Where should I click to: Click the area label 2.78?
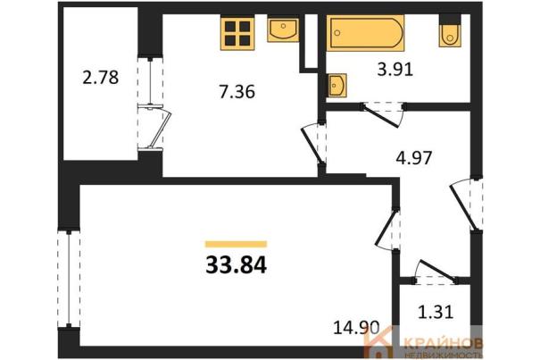[101, 77]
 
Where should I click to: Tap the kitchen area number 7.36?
[237, 92]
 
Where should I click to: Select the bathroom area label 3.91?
[395, 70]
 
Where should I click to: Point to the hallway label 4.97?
[414, 158]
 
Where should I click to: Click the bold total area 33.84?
[237, 265]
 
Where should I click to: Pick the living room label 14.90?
[356, 327]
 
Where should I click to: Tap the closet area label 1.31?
[436, 312]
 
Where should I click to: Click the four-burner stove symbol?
[237, 33]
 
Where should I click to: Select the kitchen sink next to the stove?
[283, 30]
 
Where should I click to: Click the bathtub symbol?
[365, 33]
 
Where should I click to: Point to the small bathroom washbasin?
[336, 85]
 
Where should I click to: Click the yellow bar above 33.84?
[237, 244]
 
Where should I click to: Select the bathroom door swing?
[382, 113]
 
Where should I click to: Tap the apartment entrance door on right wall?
[467, 205]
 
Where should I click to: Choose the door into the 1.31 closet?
[436, 272]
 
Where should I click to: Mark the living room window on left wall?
[69, 279]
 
